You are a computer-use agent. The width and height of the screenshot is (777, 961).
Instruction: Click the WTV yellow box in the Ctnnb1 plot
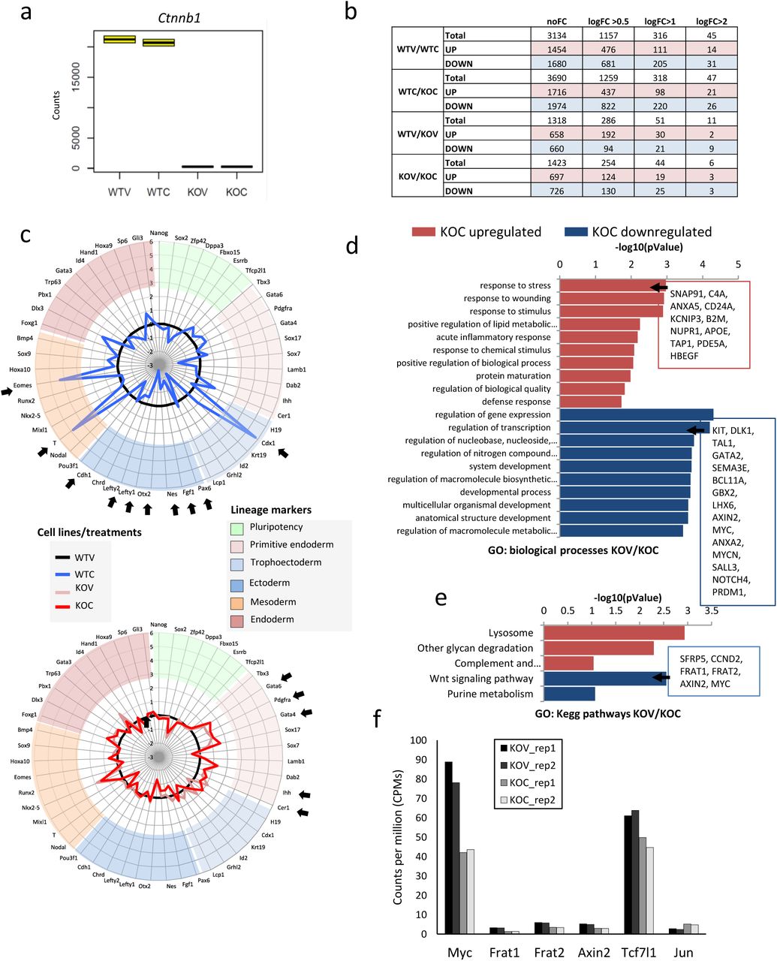pos(119,39)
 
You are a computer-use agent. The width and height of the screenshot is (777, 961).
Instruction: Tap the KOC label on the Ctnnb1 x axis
pos(235,192)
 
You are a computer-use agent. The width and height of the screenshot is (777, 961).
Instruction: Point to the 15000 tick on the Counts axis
pos(74,77)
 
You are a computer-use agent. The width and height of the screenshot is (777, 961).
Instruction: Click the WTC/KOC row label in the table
pos(417,92)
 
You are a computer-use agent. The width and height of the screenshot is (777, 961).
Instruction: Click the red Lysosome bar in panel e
pos(613,633)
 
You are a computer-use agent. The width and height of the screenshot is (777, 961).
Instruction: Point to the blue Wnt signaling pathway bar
pos(604,679)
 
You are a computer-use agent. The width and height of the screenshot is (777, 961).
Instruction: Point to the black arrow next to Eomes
pos(7,390)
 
